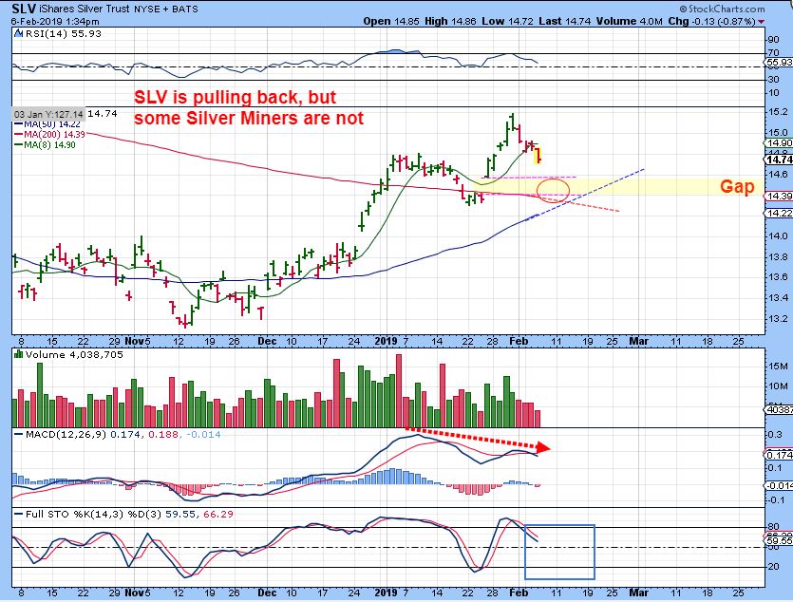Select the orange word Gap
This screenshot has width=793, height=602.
737,187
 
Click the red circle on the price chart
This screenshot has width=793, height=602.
554,189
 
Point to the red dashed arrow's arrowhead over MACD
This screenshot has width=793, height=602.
544,446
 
